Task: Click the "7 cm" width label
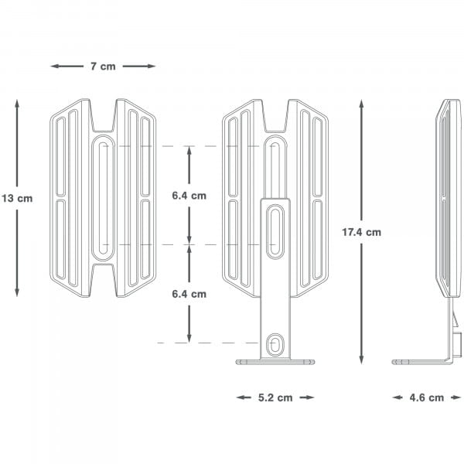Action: pos(102,67)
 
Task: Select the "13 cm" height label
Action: pos(17,198)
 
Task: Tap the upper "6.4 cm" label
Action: pos(189,196)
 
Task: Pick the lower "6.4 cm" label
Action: pos(189,294)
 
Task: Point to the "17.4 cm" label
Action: pos(362,231)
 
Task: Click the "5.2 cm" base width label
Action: pos(275,397)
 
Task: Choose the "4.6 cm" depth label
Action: pos(426,397)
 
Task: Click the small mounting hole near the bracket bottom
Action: pos(275,343)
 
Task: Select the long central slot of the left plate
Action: pos(103,197)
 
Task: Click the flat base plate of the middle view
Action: pos(275,361)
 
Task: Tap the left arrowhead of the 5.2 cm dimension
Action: pos(240,397)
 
